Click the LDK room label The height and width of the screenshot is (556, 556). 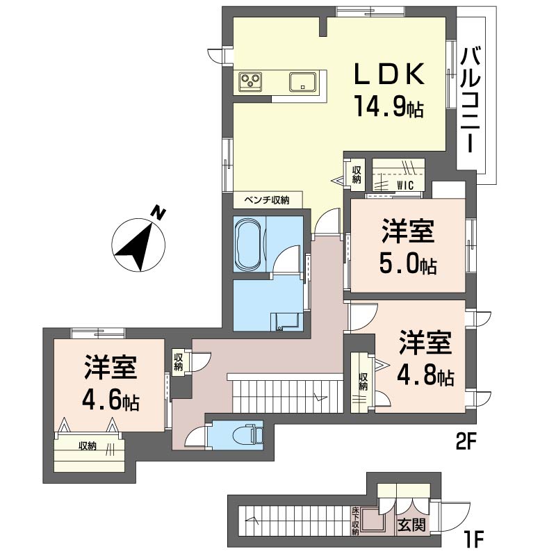[x=389, y=74]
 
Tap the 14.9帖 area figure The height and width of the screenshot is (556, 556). [x=389, y=107]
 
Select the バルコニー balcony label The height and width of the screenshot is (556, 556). [x=471, y=101]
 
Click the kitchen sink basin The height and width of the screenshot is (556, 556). [x=302, y=82]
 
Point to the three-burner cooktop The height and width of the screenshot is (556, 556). [x=250, y=81]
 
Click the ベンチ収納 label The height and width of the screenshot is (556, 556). [x=268, y=200]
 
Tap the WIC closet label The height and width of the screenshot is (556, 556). [x=405, y=185]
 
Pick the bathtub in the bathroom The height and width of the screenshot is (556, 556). [x=250, y=243]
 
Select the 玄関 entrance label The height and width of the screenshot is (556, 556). [x=411, y=525]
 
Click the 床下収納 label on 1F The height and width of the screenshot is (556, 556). [x=355, y=521]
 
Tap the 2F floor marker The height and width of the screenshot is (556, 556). [x=465, y=443]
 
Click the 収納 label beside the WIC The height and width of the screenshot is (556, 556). [x=357, y=175]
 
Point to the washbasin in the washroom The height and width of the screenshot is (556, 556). [x=285, y=322]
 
